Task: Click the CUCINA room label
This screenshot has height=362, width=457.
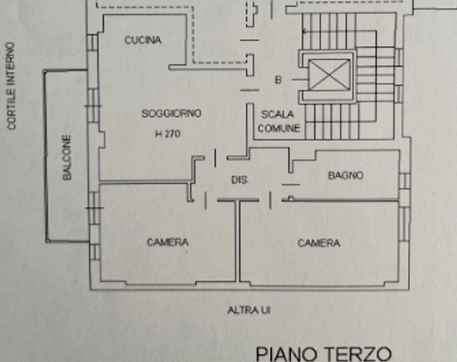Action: [x=143, y=40]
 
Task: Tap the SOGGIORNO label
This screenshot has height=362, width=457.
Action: [x=171, y=113]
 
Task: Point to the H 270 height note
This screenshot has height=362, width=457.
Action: [x=168, y=134]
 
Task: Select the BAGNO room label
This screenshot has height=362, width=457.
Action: [x=346, y=175]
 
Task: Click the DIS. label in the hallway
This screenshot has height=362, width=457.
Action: [x=240, y=180]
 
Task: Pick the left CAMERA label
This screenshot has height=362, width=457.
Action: [x=167, y=242]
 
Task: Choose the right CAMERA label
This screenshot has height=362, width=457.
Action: [x=319, y=243]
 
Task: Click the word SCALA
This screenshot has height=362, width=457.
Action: [x=278, y=114]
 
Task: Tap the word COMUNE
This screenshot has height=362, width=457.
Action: [x=279, y=128]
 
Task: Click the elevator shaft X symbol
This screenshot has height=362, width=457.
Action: [x=329, y=75]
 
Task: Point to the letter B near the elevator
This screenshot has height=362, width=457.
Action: [x=278, y=80]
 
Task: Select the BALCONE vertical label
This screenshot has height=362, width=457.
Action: [x=67, y=158]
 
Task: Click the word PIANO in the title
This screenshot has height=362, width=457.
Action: [x=286, y=354]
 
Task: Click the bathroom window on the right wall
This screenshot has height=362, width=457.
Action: [x=404, y=180]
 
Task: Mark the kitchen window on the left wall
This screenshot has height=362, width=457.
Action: [x=92, y=42]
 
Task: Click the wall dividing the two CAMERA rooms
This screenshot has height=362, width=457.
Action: [x=237, y=242]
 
